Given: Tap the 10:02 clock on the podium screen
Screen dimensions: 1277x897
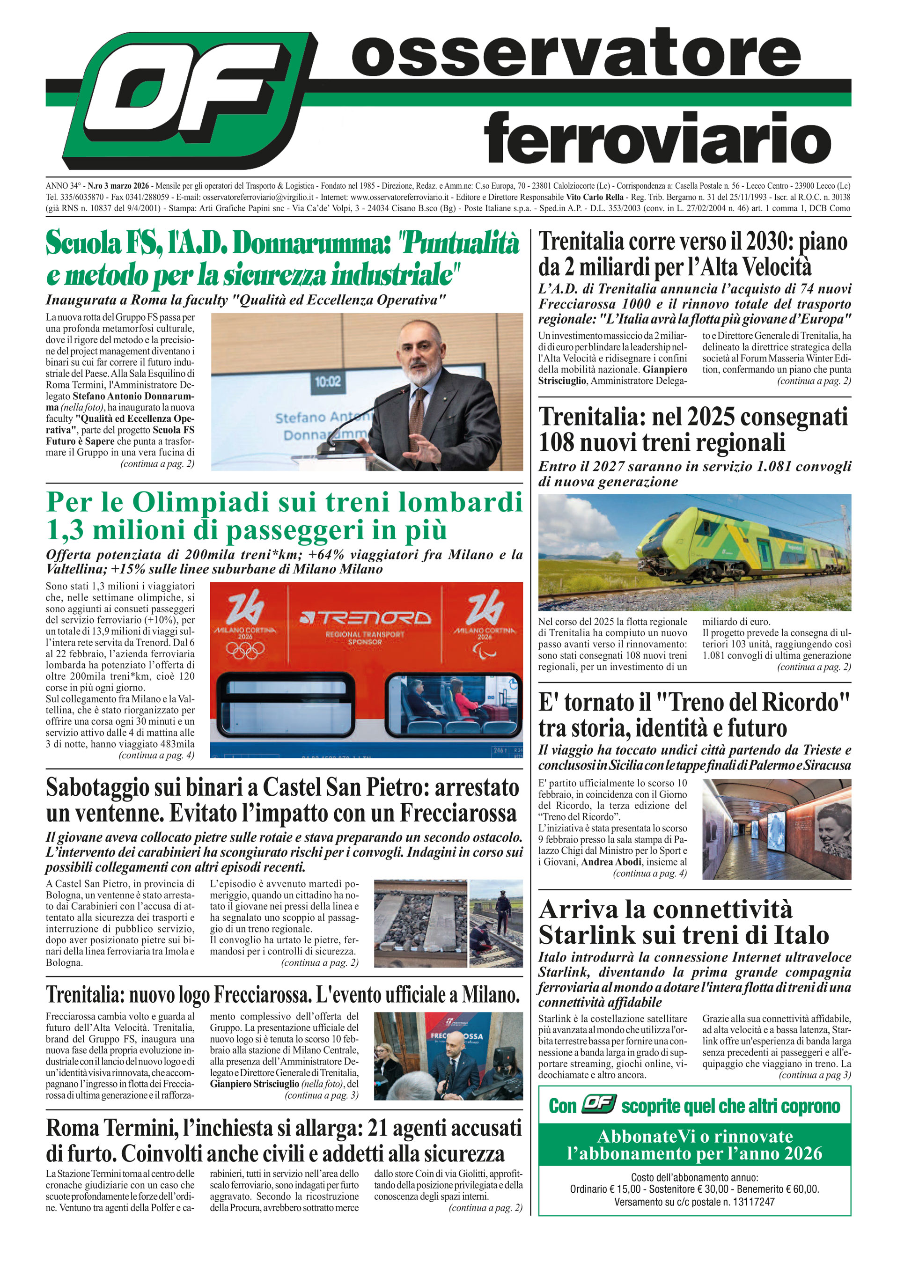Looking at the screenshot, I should point(328,382).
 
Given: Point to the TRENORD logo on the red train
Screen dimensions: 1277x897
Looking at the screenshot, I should point(365,617).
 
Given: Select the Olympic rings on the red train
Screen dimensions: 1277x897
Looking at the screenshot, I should point(245,650).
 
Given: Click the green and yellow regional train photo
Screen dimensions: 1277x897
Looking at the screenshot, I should point(694,552).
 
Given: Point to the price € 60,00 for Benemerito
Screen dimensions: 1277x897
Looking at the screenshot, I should point(799,1189).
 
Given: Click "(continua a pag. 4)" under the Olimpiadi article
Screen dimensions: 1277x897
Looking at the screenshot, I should point(156,755).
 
